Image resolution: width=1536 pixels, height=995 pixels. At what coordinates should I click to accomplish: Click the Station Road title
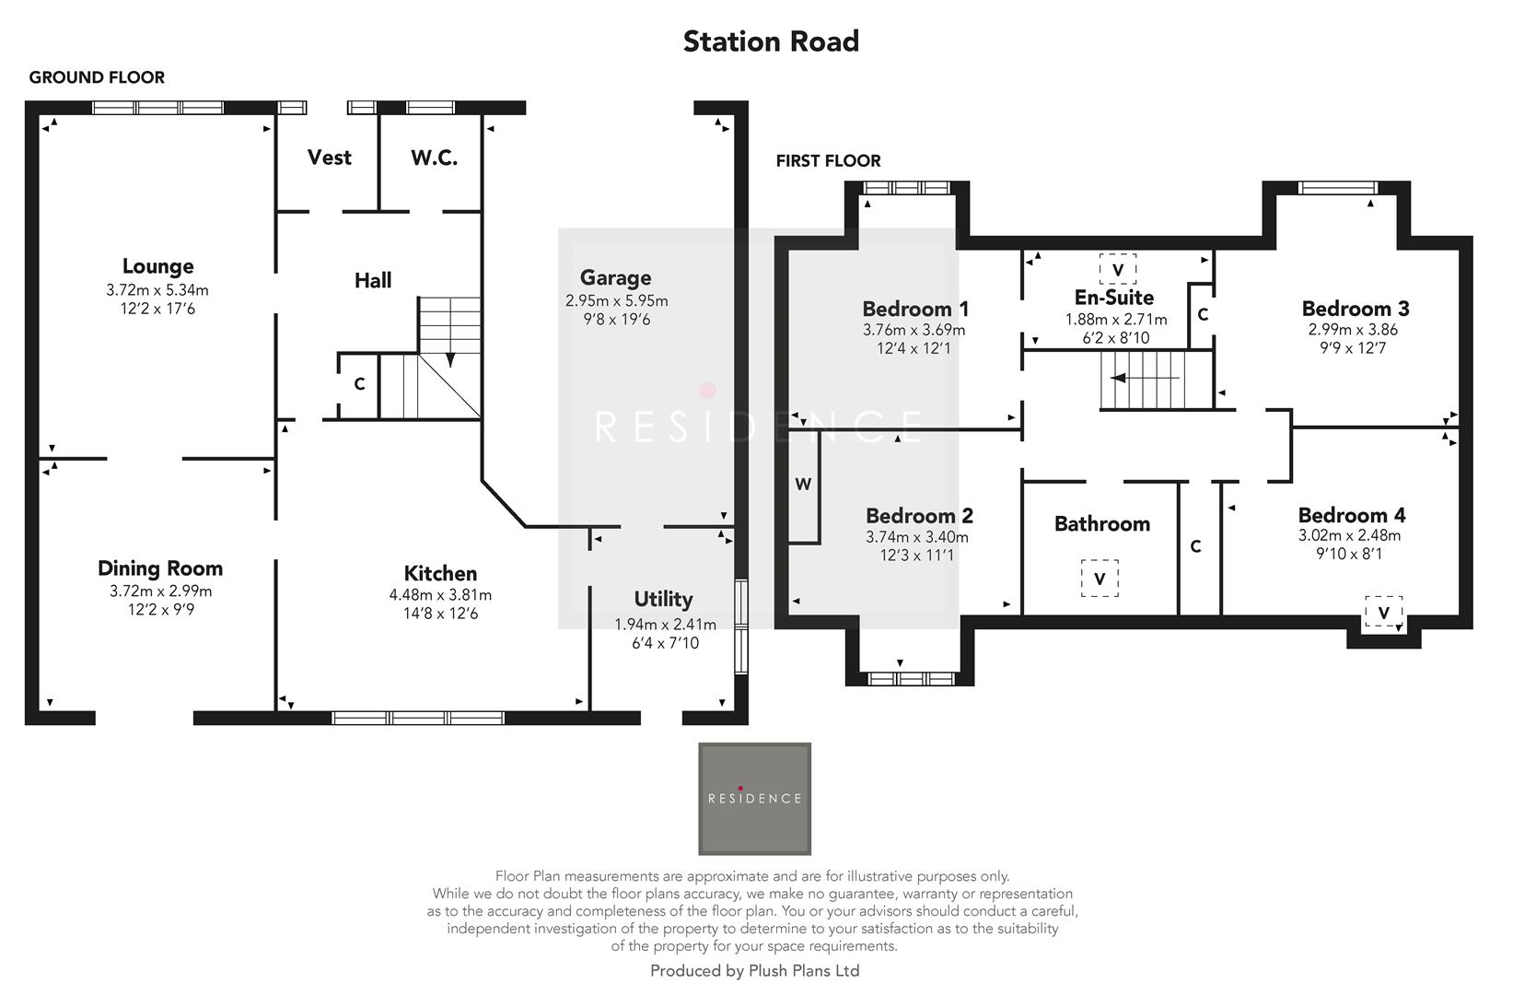[x=771, y=41]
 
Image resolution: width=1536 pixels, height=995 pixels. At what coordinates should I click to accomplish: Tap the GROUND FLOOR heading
[x=97, y=77]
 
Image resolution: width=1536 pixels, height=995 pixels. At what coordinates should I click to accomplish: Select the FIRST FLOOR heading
[x=828, y=160]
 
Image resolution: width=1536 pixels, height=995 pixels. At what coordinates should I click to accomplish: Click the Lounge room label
[x=157, y=266]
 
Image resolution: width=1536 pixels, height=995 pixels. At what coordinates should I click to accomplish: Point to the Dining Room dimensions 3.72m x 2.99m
[x=160, y=591]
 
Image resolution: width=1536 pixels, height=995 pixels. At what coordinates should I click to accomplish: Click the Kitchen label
[x=440, y=573]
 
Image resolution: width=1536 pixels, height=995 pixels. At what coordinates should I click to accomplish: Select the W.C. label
[x=434, y=158]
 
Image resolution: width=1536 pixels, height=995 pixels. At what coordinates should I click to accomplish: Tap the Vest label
[x=329, y=158]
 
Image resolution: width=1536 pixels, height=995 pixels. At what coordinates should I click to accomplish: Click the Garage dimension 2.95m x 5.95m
[x=616, y=300]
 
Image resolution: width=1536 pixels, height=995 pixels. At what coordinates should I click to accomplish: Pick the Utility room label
[x=663, y=599]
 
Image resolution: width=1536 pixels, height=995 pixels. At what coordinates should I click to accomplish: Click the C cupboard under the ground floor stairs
[x=359, y=384]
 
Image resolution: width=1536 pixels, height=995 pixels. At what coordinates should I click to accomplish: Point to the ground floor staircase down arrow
[x=450, y=358]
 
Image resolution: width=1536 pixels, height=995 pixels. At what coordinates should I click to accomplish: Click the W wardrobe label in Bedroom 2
[x=803, y=485]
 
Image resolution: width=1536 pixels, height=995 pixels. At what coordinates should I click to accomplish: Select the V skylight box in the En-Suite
[x=1117, y=269]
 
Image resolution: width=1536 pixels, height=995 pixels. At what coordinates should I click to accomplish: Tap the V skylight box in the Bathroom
[x=1099, y=579]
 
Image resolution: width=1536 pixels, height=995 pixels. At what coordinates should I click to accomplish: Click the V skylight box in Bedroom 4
[x=1383, y=612]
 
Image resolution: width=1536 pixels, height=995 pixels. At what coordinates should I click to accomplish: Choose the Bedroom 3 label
[x=1355, y=309]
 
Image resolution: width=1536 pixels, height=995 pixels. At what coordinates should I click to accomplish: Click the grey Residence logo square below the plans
[x=754, y=799]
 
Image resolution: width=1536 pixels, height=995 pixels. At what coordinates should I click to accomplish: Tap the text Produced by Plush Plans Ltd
[x=754, y=970]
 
